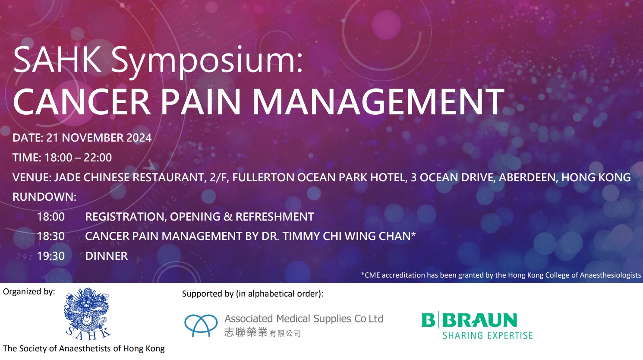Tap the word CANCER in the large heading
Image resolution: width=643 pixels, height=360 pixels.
coord(82,101)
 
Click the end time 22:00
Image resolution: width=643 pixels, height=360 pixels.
coord(98,158)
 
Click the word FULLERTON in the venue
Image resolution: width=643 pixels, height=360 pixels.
coord(263,177)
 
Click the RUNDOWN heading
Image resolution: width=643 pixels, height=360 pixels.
coord(44,197)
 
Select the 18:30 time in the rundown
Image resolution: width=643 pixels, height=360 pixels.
coord(51,236)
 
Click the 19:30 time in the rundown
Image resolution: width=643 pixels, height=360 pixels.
coord(51,256)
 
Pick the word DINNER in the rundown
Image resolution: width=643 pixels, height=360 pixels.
coord(107,256)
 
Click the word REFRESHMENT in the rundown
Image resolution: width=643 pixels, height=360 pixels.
coord(275,217)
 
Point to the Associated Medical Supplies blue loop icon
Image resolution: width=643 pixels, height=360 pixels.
coord(201,325)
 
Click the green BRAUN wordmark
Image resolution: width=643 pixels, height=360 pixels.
coord(480,320)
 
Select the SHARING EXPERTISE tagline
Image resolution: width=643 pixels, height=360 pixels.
coord(487,335)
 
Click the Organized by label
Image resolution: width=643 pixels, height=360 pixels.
coord(29,292)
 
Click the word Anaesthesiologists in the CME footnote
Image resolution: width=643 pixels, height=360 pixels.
coord(610,275)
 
